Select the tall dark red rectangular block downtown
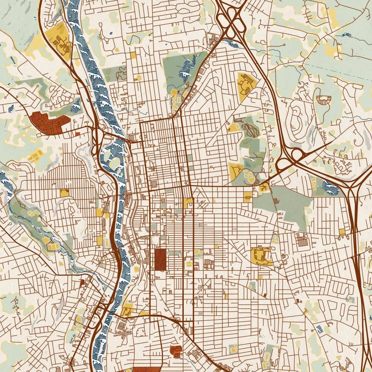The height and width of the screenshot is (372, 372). [x=160, y=259]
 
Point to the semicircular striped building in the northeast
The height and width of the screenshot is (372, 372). [x=323, y=99]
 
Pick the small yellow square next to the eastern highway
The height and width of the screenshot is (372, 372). [x=342, y=231]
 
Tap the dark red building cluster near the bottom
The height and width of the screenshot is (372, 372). [x=176, y=350]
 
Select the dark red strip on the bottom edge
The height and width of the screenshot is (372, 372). [x=147, y=369]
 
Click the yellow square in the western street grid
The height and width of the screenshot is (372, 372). [x=65, y=193]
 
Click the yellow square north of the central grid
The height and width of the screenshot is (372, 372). [x=133, y=55]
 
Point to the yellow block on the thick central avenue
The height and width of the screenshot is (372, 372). [x=188, y=203]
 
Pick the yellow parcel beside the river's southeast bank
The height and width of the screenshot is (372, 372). [x=128, y=310]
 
